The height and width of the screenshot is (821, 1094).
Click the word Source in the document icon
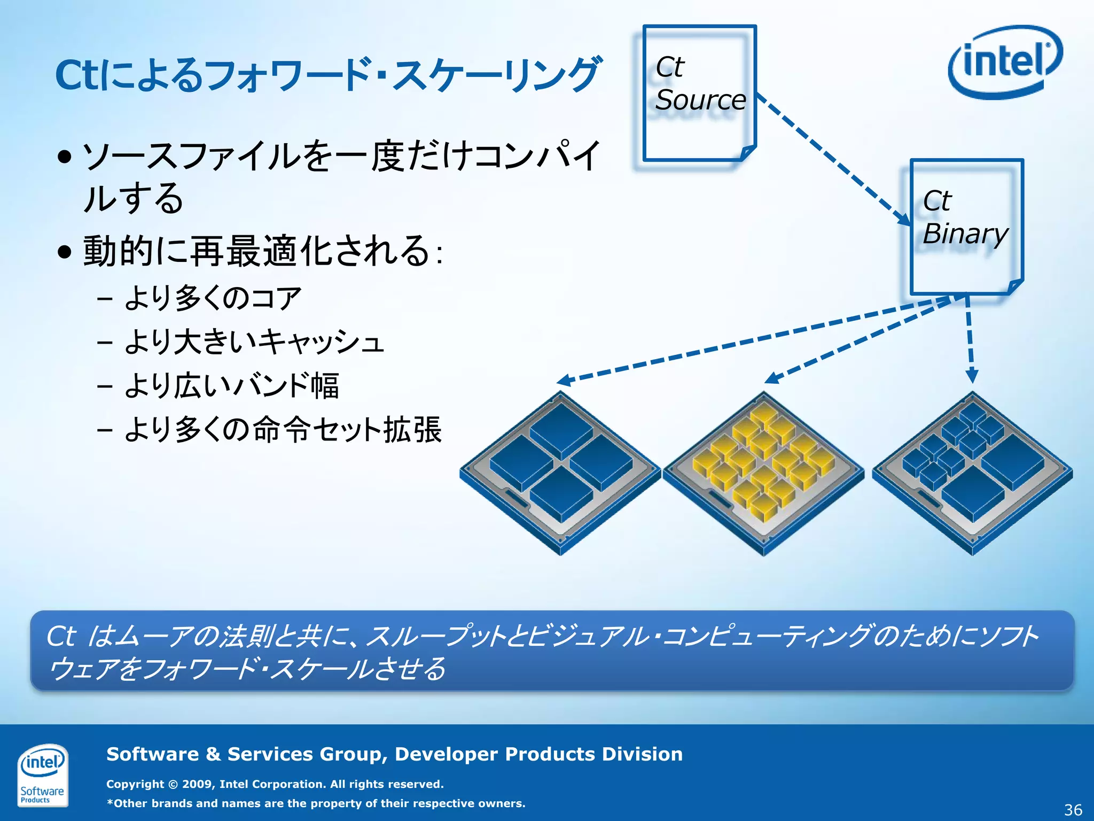pos(700,100)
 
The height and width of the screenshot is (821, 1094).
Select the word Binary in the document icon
pos(965,234)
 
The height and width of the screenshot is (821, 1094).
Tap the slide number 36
pos(1073,810)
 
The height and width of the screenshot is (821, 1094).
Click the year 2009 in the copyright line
pos(197,784)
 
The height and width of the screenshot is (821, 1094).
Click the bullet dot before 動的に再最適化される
pos(65,251)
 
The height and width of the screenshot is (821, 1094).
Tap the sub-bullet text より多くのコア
pos(213,298)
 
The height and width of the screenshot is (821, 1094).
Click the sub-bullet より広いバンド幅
pos(231,385)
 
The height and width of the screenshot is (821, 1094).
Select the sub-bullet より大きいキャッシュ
pos(253,342)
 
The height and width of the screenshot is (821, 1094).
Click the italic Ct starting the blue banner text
pos(61,636)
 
